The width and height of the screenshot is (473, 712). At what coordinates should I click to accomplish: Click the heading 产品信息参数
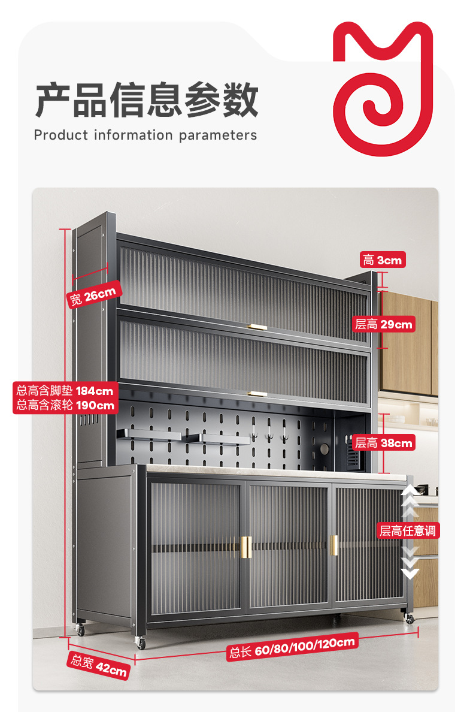pyautogui.click(x=147, y=100)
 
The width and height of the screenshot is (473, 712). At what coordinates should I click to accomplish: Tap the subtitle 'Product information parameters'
pyautogui.click(x=145, y=135)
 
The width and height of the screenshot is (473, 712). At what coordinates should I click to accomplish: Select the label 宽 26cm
pyautogui.click(x=95, y=295)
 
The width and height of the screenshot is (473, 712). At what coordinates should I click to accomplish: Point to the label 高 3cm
pyautogui.click(x=382, y=260)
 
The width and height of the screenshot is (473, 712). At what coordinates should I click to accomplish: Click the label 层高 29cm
pyautogui.click(x=384, y=324)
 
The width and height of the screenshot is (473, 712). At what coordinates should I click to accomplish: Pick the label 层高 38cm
pyautogui.click(x=384, y=443)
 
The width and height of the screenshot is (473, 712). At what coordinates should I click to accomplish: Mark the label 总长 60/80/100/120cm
pyautogui.click(x=292, y=647)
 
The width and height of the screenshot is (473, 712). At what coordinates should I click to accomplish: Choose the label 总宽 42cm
pyautogui.click(x=99, y=665)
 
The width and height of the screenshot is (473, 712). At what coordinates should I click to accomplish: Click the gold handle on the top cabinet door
pyautogui.click(x=258, y=327)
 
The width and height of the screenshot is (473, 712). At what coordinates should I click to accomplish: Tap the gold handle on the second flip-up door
pyautogui.click(x=258, y=394)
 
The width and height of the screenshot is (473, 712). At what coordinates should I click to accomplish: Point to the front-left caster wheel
pyautogui.click(x=141, y=643)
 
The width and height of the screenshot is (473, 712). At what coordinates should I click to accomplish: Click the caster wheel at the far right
pyautogui.click(x=410, y=618)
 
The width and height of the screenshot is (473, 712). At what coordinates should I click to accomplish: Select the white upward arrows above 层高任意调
pyautogui.click(x=410, y=501)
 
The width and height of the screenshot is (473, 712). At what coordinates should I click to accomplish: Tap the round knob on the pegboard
pyautogui.click(x=323, y=449)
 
